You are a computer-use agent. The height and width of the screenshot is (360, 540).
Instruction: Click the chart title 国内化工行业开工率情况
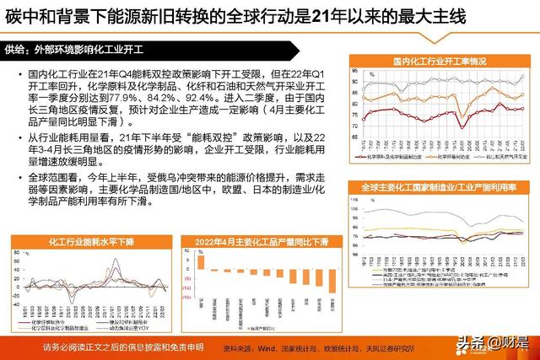coord(439,62)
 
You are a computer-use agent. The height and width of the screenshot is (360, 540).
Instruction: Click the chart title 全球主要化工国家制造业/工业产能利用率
coord(439,185)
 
